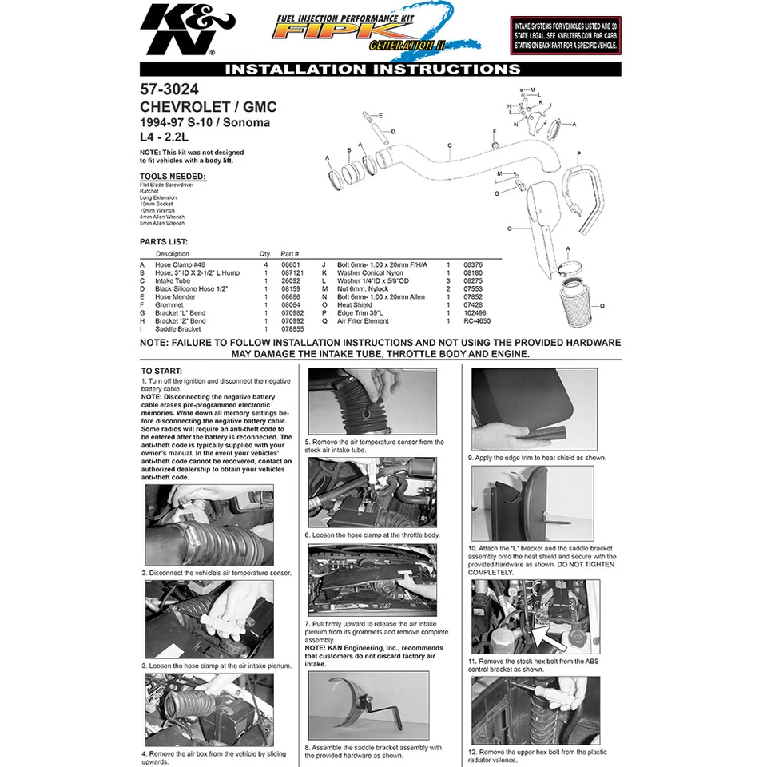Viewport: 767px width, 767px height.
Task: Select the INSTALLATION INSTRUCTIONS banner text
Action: click(x=372, y=70)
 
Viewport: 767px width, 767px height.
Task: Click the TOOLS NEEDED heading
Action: click(x=172, y=176)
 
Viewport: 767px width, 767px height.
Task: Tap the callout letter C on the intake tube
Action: click(x=451, y=145)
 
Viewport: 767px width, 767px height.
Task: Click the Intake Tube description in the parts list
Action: click(x=172, y=280)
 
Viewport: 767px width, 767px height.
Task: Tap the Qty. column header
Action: click(x=265, y=254)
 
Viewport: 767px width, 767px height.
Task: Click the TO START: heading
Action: click(x=161, y=371)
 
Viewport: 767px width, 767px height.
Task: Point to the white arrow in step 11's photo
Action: click(x=553, y=636)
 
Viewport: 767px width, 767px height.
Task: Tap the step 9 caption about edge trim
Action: click(x=537, y=458)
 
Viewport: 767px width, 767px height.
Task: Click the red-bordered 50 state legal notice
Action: click(x=566, y=35)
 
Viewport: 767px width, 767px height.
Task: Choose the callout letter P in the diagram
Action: click(x=578, y=153)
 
